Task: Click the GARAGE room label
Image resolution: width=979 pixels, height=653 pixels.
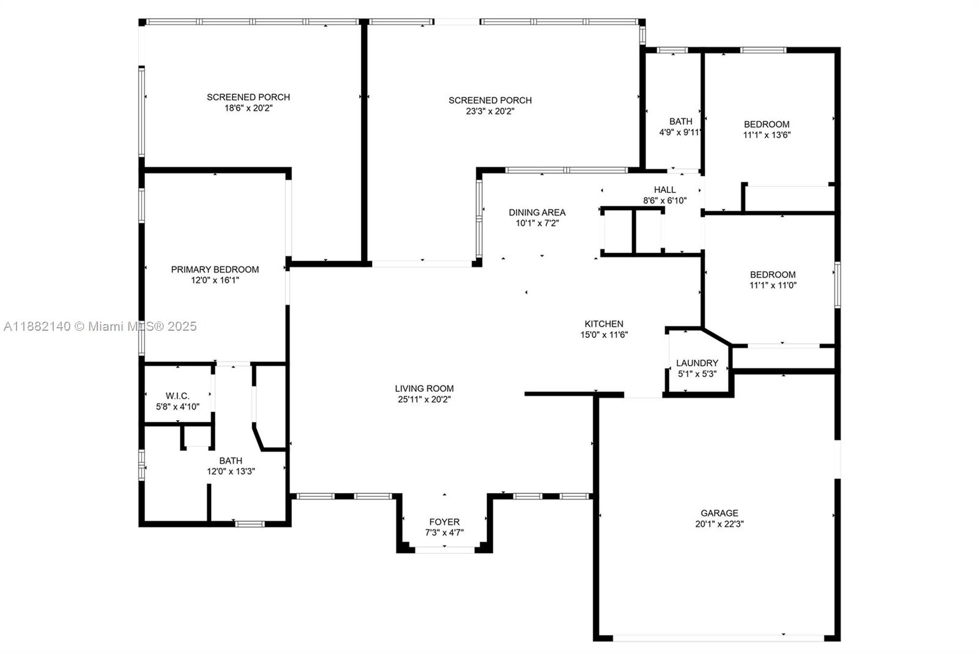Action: click(719, 513)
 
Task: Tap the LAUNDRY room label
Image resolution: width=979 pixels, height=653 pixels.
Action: click(697, 363)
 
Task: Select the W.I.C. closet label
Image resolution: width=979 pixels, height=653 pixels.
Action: click(177, 396)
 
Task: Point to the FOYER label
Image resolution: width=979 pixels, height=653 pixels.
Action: click(444, 522)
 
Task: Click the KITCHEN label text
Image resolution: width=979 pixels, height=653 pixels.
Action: click(604, 323)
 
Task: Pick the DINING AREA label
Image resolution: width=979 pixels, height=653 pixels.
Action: click(537, 212)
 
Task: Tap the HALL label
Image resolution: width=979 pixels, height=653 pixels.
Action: click(664, 189)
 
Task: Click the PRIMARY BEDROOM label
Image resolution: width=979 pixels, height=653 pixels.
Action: click(215, 269)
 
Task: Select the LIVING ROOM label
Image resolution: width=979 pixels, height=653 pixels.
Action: click(424, 388)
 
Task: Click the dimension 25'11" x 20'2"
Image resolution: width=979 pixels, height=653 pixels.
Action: click(424, 399)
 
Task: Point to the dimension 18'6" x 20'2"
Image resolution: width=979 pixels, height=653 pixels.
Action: click(248, 108)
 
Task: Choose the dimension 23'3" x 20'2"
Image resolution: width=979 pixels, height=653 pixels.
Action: click(489, 111)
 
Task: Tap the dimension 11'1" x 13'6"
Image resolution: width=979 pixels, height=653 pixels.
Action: click(767, 135)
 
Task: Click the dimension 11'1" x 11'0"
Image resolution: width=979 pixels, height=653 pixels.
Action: click(773, 285)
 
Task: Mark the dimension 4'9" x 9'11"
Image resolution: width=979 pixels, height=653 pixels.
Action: click(680, 132)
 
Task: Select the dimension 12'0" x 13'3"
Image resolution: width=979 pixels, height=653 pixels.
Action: click(231, 472)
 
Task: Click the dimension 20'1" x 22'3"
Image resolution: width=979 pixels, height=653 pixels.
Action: click(719, 524)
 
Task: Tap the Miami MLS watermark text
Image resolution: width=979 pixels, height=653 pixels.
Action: click(100, 326)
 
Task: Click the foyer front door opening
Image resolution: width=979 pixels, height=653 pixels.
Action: click(445, 550)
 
